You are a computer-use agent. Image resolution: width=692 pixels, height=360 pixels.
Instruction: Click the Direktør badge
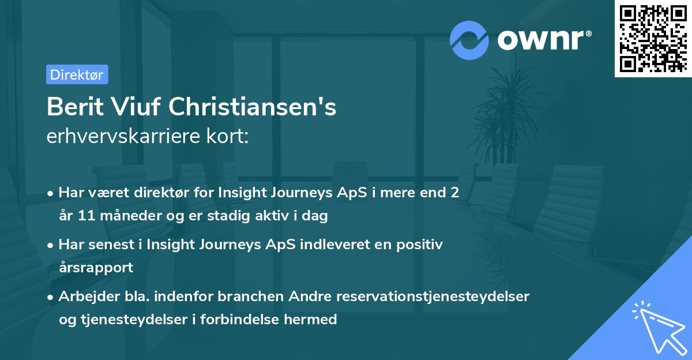(x=77, y=74)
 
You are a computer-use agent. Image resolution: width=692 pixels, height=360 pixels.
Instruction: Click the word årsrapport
(x=96, y=268)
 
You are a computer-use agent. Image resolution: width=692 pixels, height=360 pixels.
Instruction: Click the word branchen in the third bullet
(x=243, y=297)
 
